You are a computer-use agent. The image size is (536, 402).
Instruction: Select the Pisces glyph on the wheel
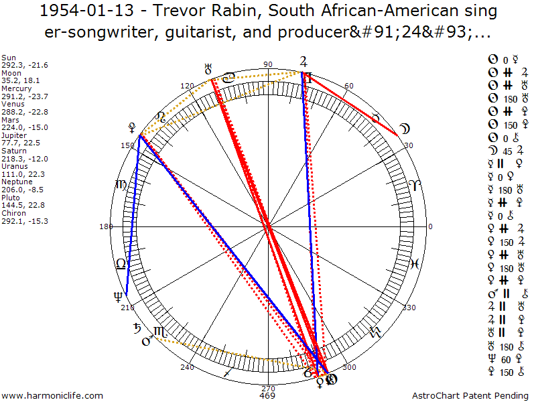pyautogui.click(x=415, y=263)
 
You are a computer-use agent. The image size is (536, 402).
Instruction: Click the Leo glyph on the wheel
pyautogui.click(x=120, y=264)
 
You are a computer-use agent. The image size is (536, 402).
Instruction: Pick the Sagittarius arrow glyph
pyautogui.click(x=229, y=371)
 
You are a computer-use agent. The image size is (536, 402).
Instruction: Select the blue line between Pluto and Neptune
pyautogui.click(x=132, y=214)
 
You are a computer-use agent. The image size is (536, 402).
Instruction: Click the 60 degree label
pyautogui.click(x=348, y=86)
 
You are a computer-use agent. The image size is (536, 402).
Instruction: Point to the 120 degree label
pyautogui.click(x=187, y=86)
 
